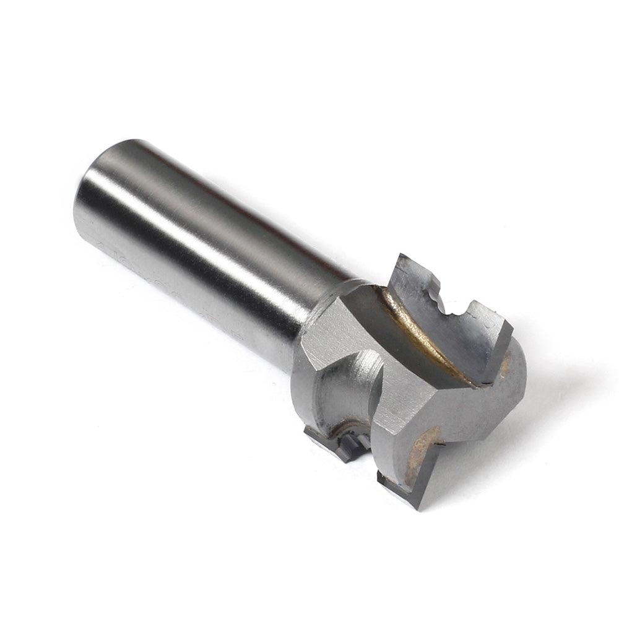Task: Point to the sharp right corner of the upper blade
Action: pos(510,324)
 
